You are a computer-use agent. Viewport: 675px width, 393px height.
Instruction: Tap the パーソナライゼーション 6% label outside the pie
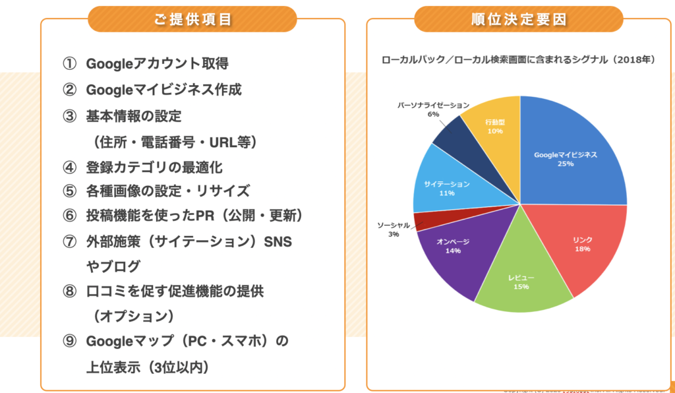pyautogui.click(x=433, y=109)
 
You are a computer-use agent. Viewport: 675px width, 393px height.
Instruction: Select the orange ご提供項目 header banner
pyautogui.click(x=192, y=19)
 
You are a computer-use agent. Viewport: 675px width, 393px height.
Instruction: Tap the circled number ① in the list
pyautogui.click(x=70, y=64)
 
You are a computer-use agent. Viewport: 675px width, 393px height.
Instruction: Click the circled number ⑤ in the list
pyautogui.click(x=70, y=191)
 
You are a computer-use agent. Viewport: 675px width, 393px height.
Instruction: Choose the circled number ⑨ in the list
pyautogui.click(x=70, y=342)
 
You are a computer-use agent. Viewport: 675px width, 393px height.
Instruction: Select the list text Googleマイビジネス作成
pyautogui.click(x=163, y=90)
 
